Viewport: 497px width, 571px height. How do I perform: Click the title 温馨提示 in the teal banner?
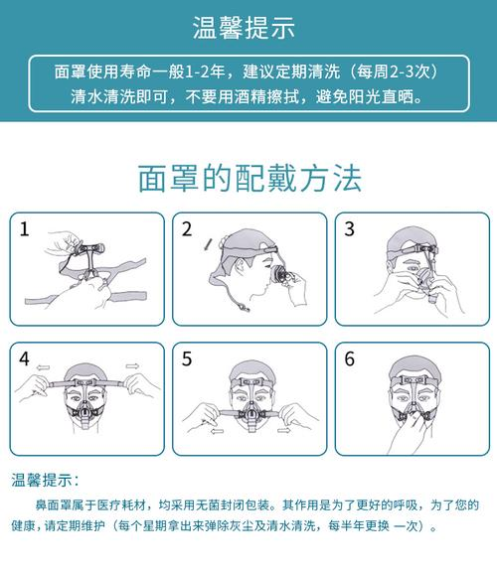[x=244, y=28]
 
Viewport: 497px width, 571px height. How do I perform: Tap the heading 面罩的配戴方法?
[x=249, y=178]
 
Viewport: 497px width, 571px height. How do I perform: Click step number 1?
[x=25, y=229]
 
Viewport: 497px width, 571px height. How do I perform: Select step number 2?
[x=187, y=229]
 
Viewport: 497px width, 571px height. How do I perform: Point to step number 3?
[x=349, y=229]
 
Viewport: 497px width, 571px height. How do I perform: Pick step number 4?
[x=25, y=359]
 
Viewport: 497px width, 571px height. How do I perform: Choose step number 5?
[x=187, y=359]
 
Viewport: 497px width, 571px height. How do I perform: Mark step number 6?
[x=349, y=359]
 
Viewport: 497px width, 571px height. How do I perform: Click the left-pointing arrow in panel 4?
[x=44, y=367]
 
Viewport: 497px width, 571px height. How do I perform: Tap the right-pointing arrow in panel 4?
[x=132, y=366]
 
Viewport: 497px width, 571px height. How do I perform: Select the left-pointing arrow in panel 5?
[x=217, y=431]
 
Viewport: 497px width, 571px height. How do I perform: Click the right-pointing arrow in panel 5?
[x=284, y=431]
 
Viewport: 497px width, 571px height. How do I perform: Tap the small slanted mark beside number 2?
[x=208, y=244]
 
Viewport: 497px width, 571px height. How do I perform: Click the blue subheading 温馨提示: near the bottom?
[x=45, y=480]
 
